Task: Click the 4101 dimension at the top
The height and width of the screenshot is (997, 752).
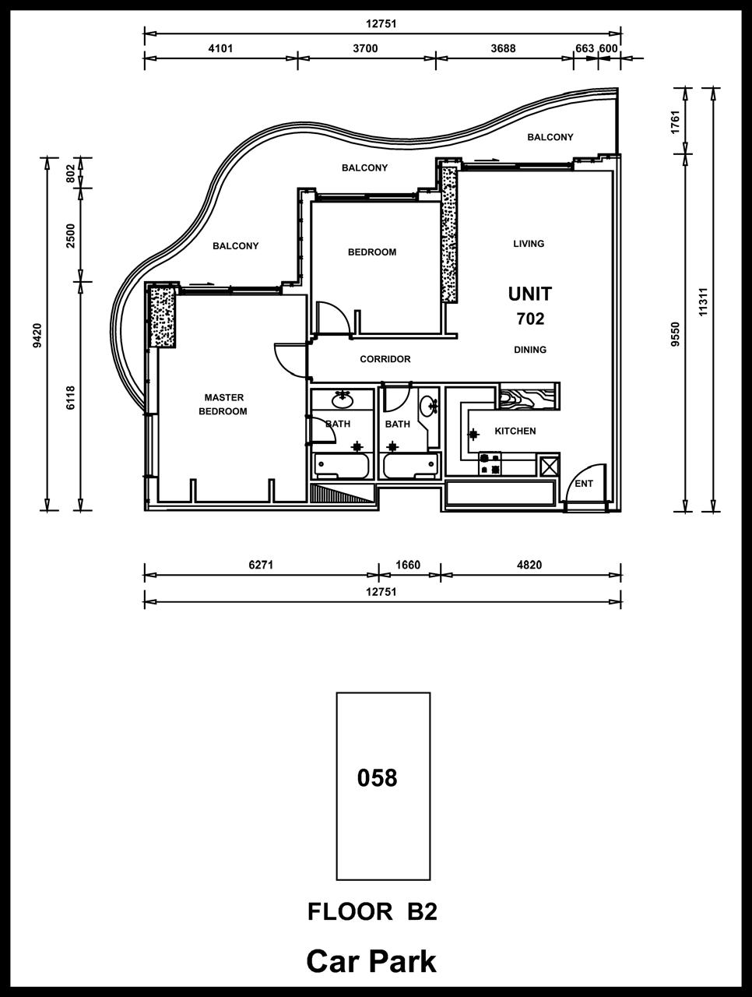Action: click(x=220, y=48)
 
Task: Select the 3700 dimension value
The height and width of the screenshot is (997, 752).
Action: click(x=365, y=48)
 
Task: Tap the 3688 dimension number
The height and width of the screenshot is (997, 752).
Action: click(x=504, y=48)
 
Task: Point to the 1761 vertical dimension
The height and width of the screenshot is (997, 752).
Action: click(x=675, y=122)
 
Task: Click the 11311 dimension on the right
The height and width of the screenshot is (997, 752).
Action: click(x=703, y=302)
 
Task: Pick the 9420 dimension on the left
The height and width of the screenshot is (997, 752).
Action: click(x=37, y=335)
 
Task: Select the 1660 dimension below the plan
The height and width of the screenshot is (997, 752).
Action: click(x=408, y=565)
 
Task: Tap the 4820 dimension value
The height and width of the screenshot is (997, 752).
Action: click(x=529, y=565)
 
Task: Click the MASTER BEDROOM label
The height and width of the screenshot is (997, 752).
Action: click(x=223, y=404)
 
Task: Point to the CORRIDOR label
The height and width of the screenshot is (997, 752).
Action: click(x=385, y=359)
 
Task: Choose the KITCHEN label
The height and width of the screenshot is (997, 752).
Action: click(x=515, y=431)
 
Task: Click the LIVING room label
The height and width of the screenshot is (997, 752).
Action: click(x=529, y=244)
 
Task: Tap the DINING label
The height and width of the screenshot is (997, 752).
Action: click(x=530, y=350)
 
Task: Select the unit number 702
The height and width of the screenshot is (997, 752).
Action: click(x=531, y=319)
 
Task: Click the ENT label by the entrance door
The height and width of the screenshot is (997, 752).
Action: click(x=584, y=484)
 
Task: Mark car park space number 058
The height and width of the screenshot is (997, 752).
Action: click(x=377, y=778)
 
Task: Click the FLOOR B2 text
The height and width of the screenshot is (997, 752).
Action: click(x=373, y=911)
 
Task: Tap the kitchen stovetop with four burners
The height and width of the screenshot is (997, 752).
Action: click(x=490, y=463)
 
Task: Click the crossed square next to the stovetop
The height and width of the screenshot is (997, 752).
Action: click(x=549, y=466)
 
